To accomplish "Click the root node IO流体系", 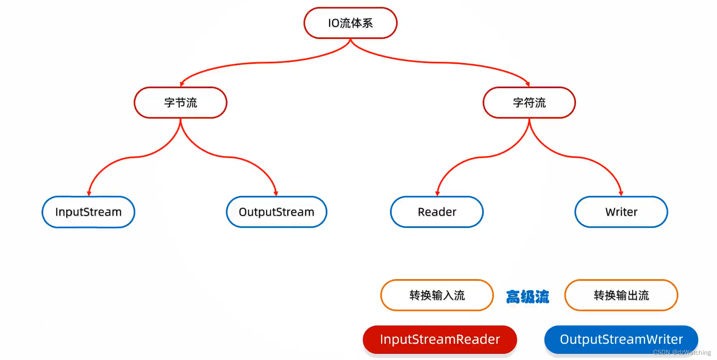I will (350, 23).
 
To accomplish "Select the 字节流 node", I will (180, 103).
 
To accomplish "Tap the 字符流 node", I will (529, 103).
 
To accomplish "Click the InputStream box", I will (88, 212).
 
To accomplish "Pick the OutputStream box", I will (276, 212).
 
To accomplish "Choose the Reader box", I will (437, 212).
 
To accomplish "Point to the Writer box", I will (621, 212).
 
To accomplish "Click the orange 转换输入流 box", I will (437, 295).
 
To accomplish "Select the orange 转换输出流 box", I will (621, 295).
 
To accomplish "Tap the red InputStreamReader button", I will (440, 339).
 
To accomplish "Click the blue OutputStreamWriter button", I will (621, 339).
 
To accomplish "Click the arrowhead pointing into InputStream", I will (89, 193).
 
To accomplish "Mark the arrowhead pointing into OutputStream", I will (276, 193).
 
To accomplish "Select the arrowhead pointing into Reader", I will (438, 193).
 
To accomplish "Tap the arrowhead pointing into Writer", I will (621, 193).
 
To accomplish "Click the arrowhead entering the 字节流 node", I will (182, 84).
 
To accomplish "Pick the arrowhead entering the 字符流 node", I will (528, 84).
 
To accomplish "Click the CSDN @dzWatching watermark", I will (682, 353).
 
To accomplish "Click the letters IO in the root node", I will (334, 23).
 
